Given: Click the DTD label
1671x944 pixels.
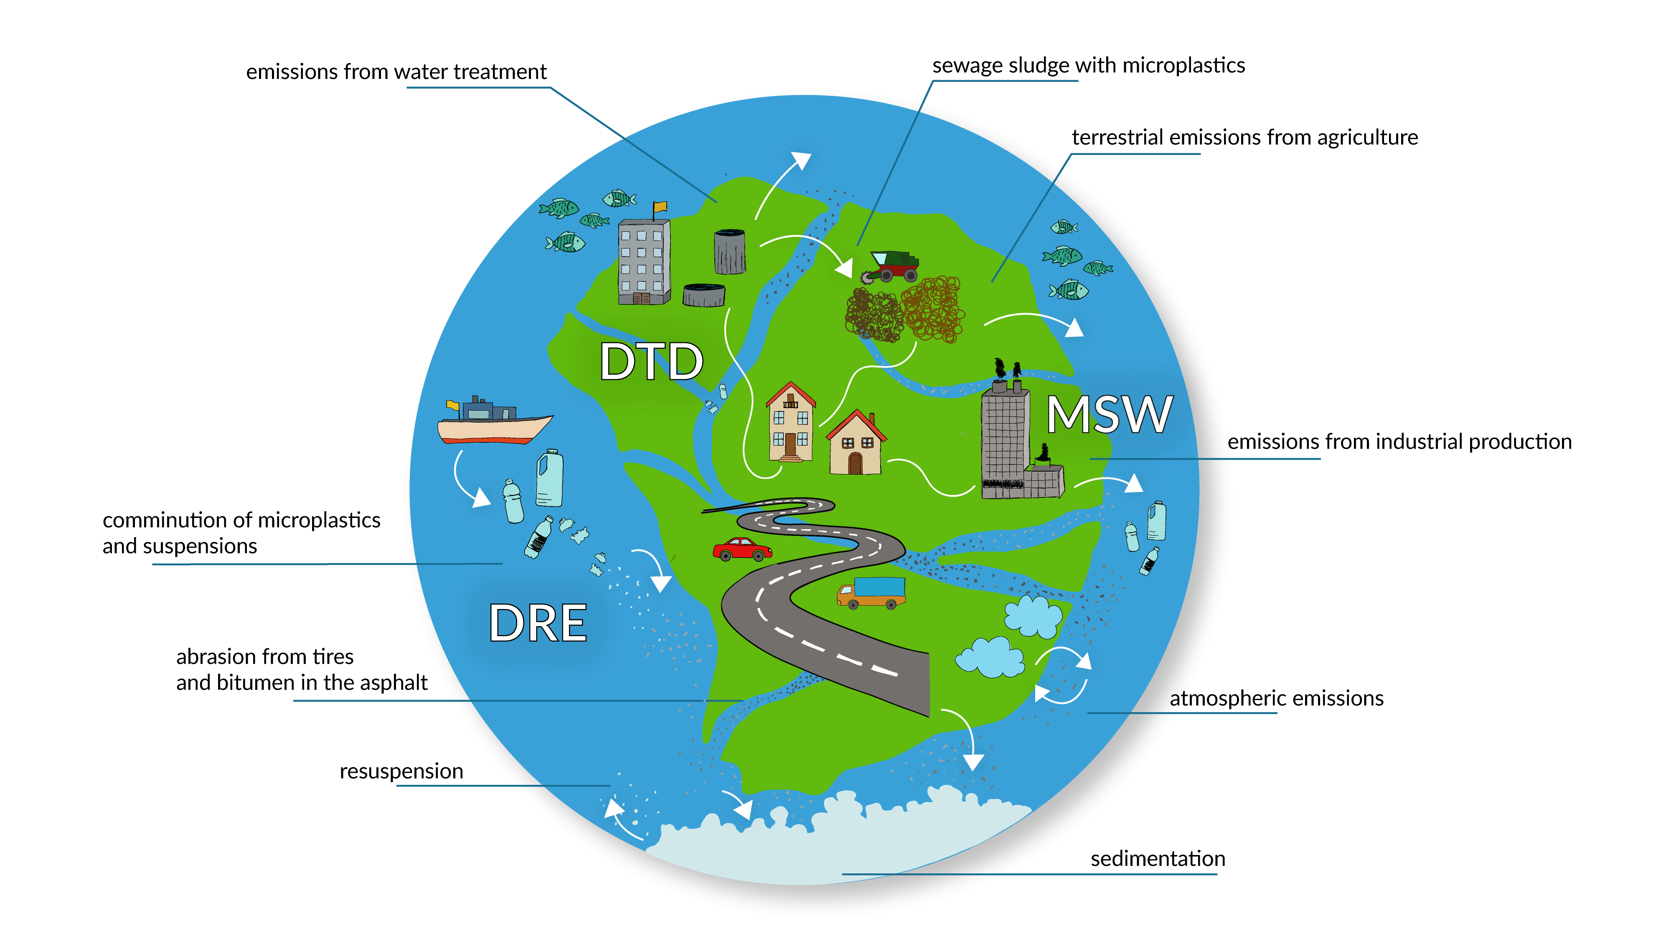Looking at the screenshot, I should tap(650, 361).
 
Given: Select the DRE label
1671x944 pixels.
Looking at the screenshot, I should tap(538, 623).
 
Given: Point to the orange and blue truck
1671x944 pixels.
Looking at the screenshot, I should tap(871, 592).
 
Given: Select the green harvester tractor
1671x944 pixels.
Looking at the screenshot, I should tap(891, 265).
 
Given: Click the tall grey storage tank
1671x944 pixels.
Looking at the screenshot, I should tap(730, 252).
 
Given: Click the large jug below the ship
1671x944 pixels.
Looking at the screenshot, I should tap(549, 478).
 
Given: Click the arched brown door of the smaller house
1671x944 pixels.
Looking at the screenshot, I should tap(855, 463).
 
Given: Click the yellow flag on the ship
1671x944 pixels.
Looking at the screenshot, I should tap(452, 406).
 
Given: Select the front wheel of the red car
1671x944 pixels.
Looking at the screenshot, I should tap(759, 556).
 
